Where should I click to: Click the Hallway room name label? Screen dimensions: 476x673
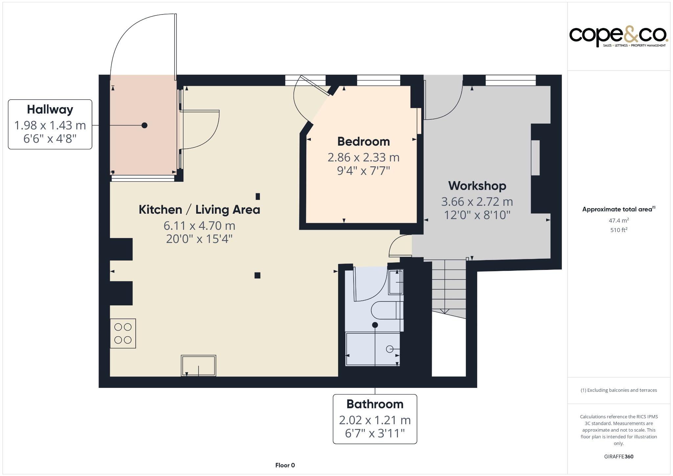(50, 109)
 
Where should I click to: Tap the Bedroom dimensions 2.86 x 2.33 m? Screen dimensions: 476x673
(363, 157)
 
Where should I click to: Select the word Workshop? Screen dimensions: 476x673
(477, 186)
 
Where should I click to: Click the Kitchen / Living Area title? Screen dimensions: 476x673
(199, 210)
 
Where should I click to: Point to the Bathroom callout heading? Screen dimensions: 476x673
(375, 404)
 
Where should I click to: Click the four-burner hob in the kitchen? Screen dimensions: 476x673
(123, 333)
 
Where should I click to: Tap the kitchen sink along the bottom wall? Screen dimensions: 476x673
(198, 365)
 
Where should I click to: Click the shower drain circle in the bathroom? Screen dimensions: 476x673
(389, 349)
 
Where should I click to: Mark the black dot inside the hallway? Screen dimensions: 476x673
(144, 125)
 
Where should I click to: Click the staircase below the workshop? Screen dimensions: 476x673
(449, 286)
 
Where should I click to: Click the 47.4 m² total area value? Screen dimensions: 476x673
(619, 220)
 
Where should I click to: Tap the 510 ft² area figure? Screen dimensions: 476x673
(619, 230)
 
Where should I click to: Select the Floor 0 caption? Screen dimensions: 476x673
(285, 465)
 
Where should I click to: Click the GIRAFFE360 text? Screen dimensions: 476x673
(618, 456)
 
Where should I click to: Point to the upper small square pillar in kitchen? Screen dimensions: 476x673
(258, 196)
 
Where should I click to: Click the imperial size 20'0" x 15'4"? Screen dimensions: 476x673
(199, 239)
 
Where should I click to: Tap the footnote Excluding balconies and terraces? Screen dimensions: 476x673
(619, 390)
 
